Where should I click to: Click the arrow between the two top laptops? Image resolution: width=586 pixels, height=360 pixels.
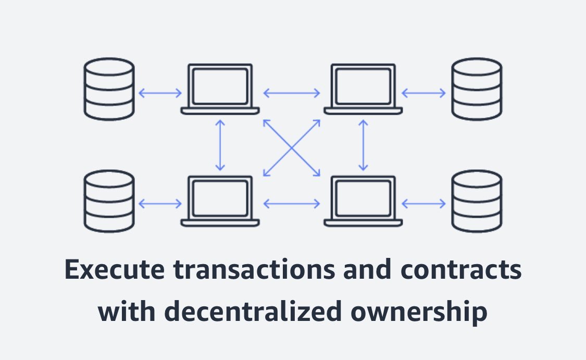[292, 93]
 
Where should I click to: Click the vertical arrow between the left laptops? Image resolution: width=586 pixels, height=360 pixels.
[220, 145]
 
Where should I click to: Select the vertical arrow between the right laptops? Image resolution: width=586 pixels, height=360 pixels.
[364, 145]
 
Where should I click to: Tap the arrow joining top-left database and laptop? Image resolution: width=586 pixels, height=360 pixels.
[160, 93]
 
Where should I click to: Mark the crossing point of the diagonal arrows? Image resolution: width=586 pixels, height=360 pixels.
[292, 147]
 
